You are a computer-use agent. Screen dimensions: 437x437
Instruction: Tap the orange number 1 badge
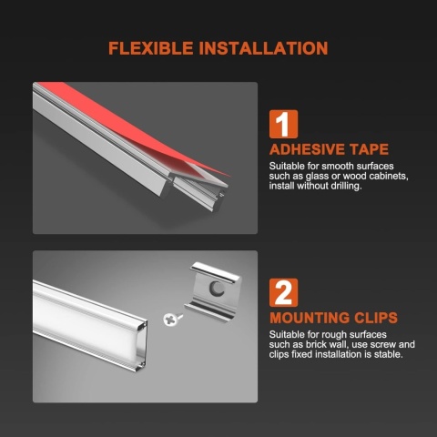tap(283, 125)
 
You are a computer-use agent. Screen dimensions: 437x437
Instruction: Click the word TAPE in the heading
tap(370, 149)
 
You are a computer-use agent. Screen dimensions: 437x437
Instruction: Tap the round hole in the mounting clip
tap(217, 289)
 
